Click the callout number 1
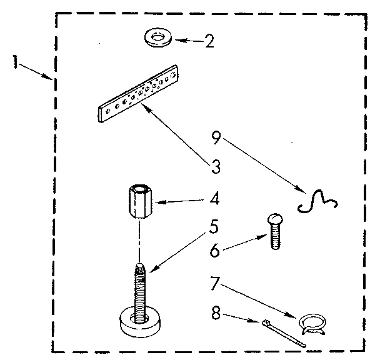[x=14, y=62]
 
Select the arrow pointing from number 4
[x=181, y=202]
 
